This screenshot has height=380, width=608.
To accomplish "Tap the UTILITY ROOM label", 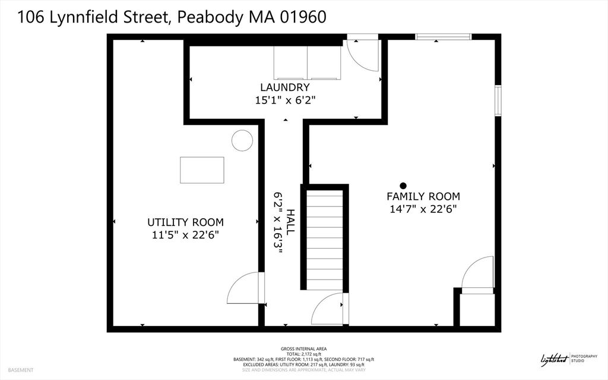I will pos(185,222).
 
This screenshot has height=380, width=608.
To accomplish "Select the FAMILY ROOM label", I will pos(423,196).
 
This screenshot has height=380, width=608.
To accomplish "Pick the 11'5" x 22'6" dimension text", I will pos(185,235).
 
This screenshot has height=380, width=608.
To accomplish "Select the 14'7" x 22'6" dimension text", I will pos(423,209).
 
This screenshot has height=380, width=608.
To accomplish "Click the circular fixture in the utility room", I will pos(242,140).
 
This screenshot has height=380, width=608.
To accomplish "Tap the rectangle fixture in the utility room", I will pos(202,170).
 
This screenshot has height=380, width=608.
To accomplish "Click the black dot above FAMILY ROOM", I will pos(403,186).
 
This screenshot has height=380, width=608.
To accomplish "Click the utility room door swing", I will pos(245,288).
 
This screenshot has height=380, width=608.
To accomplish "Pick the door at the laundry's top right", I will pos(362,55).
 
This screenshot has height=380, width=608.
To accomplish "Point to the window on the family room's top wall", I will pos(443,37).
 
